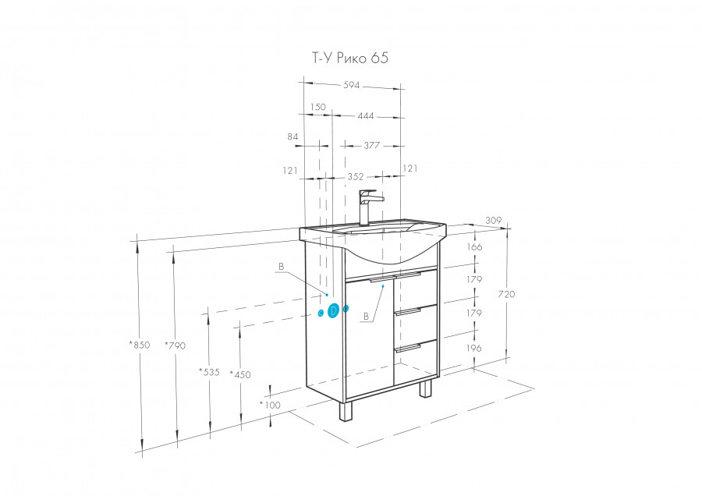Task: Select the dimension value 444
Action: pos(365,116)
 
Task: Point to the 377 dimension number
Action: pos(371,145)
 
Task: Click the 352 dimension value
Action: pos(356,176)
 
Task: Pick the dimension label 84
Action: pos(293,137)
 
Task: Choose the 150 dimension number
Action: pos(317,107)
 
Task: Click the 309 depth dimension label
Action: pos(492,221)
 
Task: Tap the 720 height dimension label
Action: pos(506,295)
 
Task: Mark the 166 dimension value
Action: pos(474,247)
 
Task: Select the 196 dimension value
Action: pos(474,349)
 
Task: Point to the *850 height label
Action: pos(140,344)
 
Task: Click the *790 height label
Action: pos(176,344)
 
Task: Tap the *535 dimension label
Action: pos(209,371)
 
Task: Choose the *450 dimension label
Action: pos(240,375)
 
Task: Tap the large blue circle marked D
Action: pos(333,310)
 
